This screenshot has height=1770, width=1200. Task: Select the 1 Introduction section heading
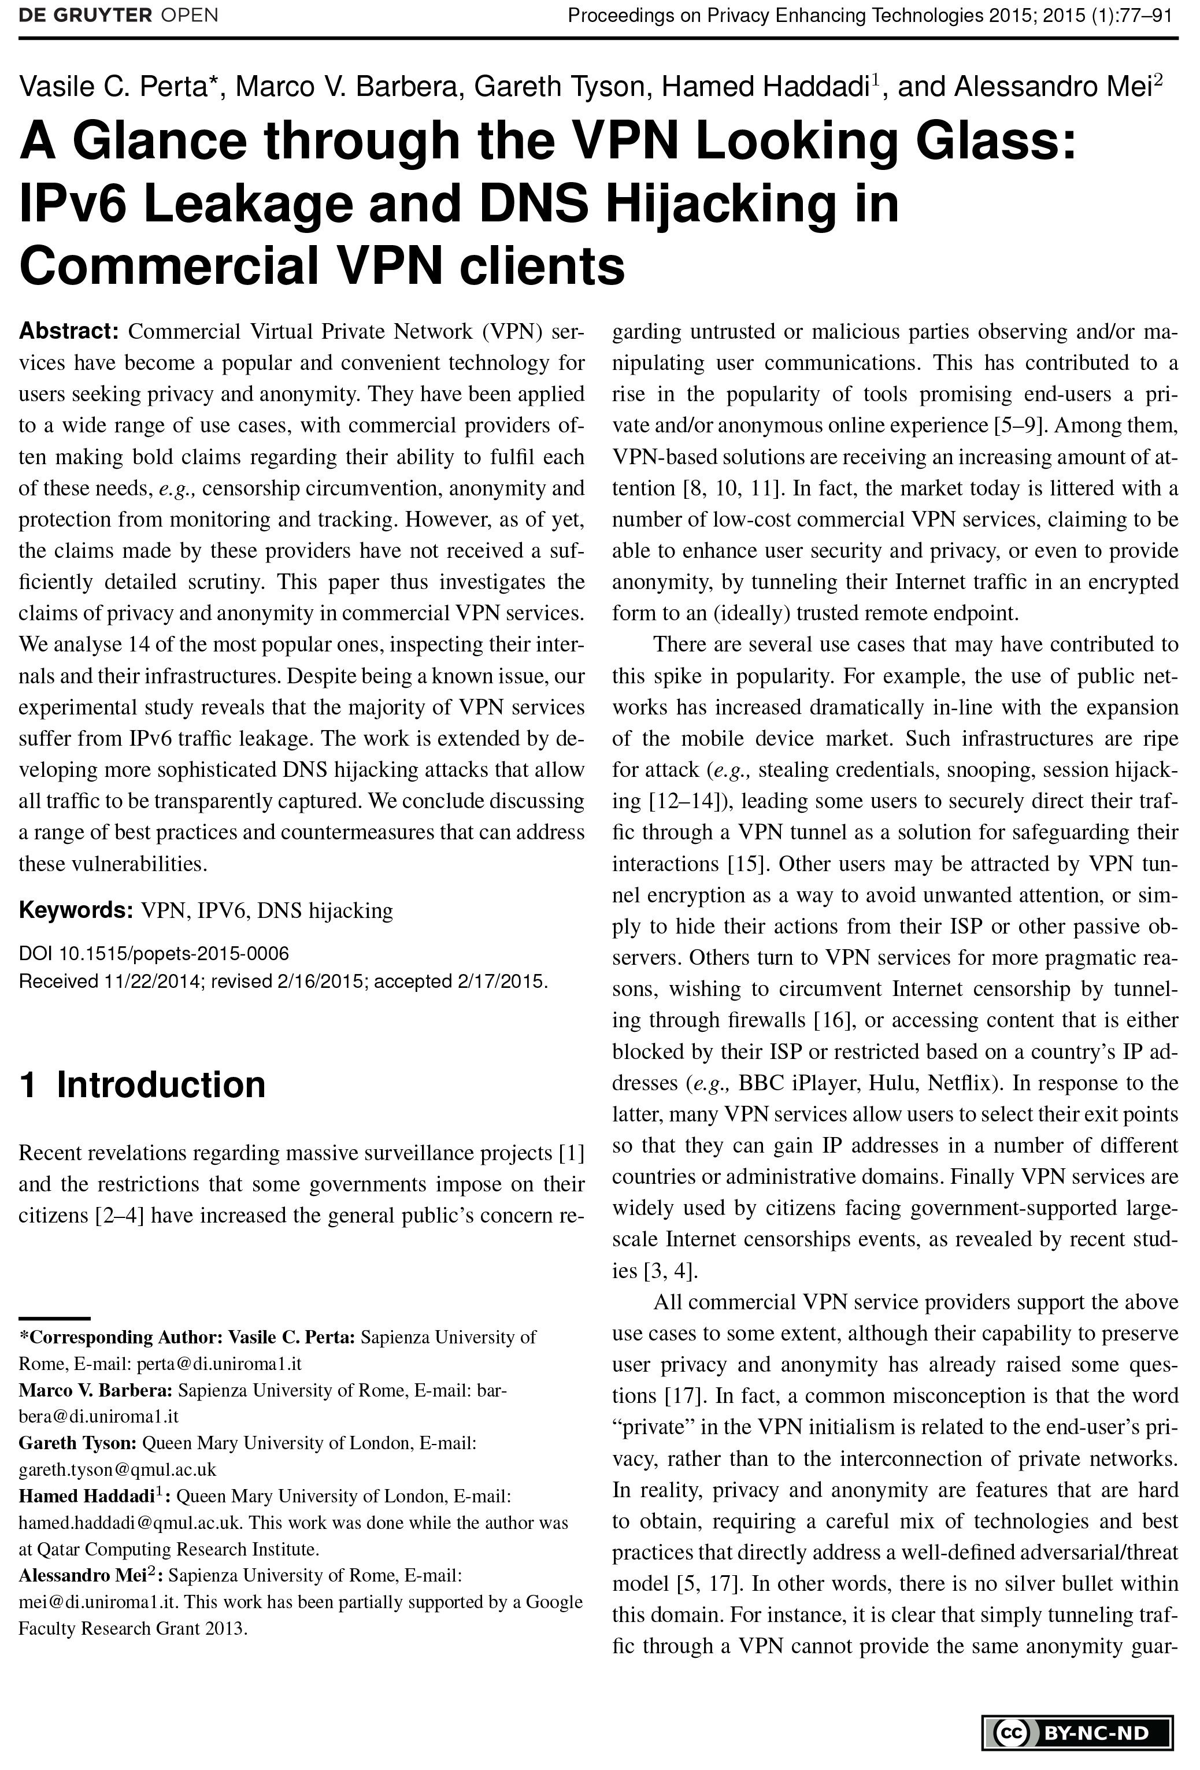pyautogui.click(x=142, y=1084)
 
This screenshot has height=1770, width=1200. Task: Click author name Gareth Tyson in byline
pyautogui.click(x=560, y=88)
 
